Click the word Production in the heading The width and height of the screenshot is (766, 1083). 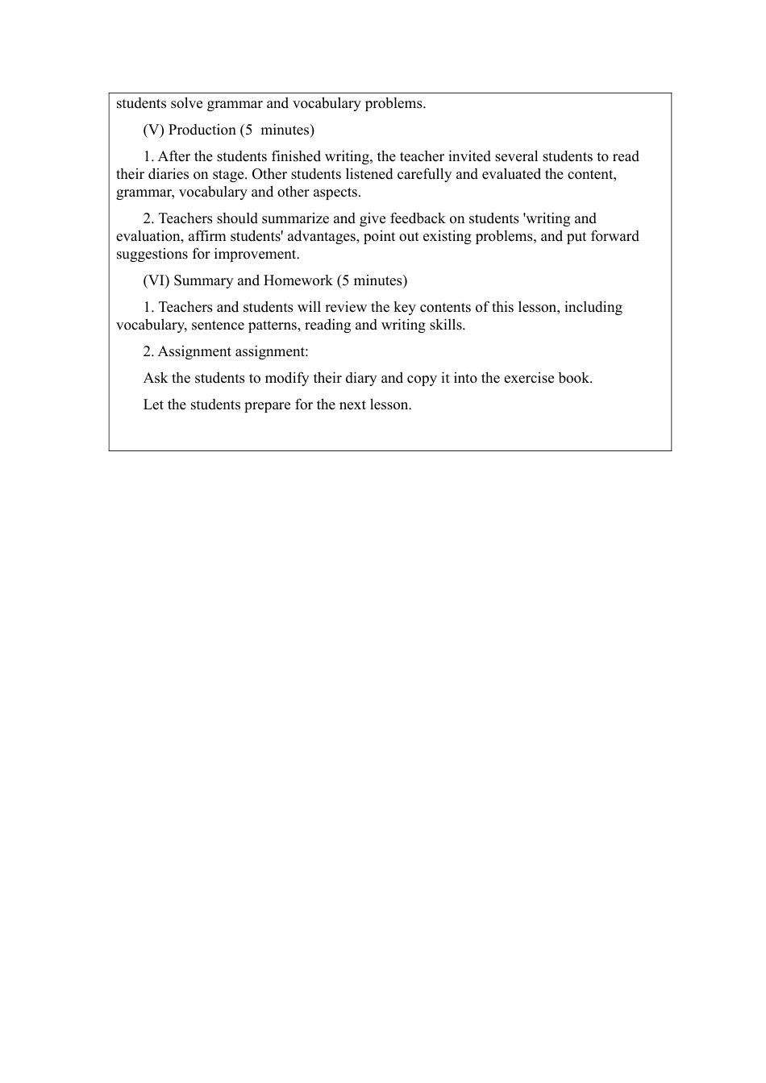pyautogui.click(x=202, y=130)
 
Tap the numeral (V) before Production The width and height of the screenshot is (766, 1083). pyautogui.click(x=154, y=130)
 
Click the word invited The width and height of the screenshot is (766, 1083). pyautogui.click(x=469, y=156)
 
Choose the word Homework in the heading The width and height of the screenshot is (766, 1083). pyautogui.click(x=298, y=280)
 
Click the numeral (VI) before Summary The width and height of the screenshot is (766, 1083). pyautogui.click(x=156, y=280)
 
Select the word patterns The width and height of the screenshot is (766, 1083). pyautogui.click(x=273, y=325)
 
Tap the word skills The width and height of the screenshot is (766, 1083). pyautogui.click(x=448, y=325)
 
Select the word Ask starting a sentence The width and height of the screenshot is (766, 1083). pyautogui.click(x=156, y=378)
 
